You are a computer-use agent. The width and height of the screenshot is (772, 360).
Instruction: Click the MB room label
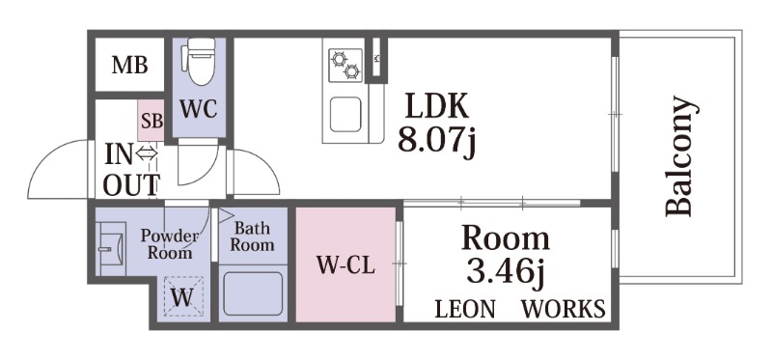tap(130, 65)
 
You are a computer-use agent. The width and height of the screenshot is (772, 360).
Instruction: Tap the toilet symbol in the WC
tap(200, 62)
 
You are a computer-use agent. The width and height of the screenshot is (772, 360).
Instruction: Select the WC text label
tap(199, 109)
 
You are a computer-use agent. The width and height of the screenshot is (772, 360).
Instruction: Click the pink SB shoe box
tap(151, 121)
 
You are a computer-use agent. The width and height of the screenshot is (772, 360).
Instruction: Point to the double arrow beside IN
tap(147, 154)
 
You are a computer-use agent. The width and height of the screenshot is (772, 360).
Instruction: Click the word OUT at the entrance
tap(132, 184)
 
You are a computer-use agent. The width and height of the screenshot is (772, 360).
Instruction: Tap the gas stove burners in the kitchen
tap(345, 65)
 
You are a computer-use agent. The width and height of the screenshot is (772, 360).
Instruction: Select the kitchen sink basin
tap(345, 114)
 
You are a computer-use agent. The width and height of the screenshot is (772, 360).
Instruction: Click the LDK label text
tap(436, 106)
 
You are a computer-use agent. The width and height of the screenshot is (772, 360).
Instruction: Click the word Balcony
tap(680, 156)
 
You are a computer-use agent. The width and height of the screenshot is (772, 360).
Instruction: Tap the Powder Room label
tap(170, 244)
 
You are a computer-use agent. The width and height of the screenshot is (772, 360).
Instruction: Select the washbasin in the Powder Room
tap(111, 249)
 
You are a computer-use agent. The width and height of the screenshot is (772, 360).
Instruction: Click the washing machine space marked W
tap(183, 296)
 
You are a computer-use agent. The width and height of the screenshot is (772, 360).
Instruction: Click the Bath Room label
tap(252, 236)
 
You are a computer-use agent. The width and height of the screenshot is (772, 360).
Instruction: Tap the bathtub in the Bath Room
tap(253, 294)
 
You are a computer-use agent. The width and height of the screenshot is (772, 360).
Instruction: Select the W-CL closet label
tap(345, 265)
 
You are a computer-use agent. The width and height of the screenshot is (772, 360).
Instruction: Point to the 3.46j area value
tap(506, 273)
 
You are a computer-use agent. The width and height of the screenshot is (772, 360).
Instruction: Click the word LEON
tap(465, 309)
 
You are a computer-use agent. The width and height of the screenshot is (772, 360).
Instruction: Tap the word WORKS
tap(564, 309)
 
